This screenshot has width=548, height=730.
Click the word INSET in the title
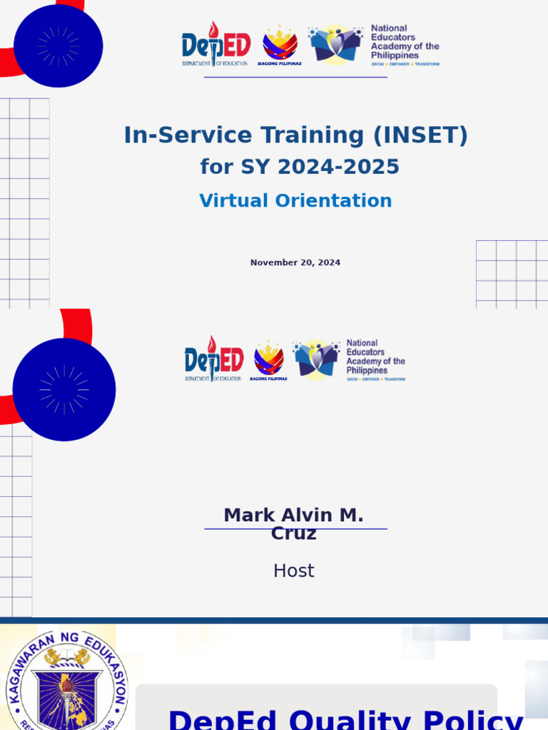427,135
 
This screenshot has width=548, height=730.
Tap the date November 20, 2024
295,263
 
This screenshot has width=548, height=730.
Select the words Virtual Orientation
295,201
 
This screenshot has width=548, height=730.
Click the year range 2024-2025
338,167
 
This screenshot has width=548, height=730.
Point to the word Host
293,571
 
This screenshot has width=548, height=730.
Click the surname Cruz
293,534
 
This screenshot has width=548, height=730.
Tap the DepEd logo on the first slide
216,45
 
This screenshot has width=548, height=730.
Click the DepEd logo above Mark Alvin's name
214,359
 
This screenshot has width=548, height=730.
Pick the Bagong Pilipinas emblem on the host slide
269,359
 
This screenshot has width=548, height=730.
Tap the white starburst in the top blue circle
59,46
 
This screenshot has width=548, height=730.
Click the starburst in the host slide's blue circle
64,390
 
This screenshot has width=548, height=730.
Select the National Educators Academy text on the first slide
405,42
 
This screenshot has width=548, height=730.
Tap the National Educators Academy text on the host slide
375,356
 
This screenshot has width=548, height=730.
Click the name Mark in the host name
247,515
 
